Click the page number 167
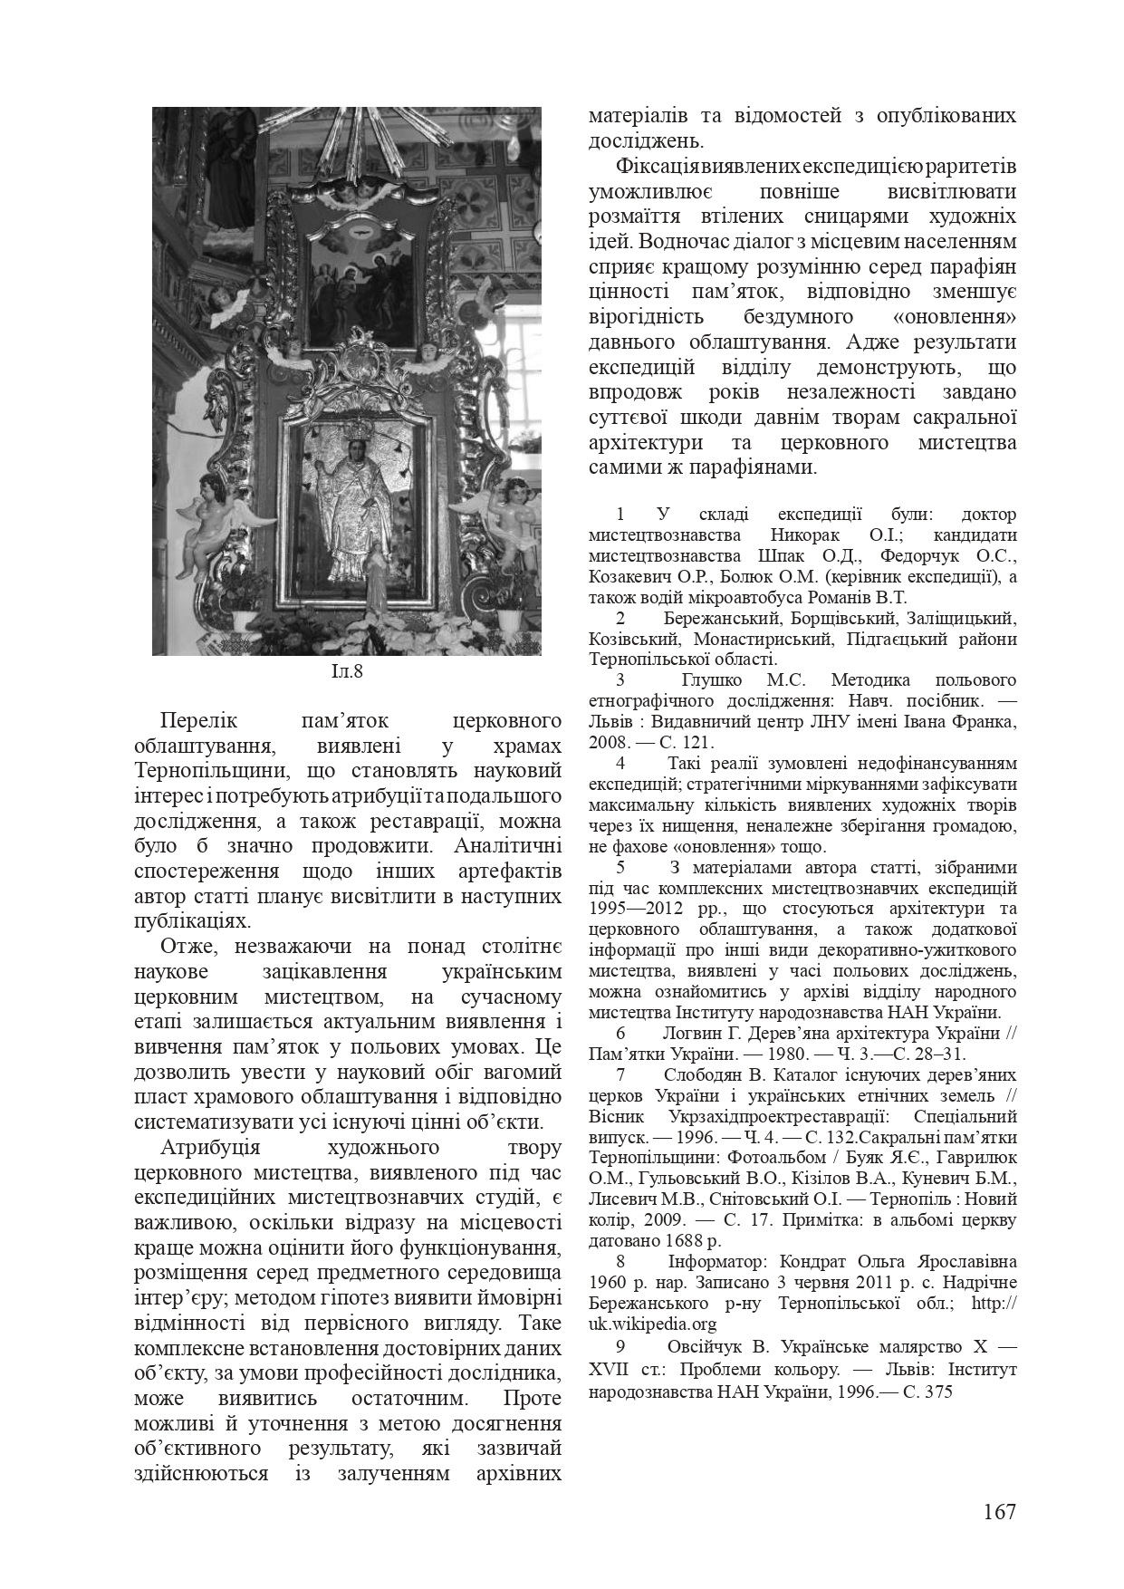pos(999,1511)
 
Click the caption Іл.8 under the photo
pos(346,671)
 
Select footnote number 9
pos(620,1345)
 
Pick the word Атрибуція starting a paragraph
pos(210,1147)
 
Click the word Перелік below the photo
pos(198,721)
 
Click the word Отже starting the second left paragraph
pos(187,947)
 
